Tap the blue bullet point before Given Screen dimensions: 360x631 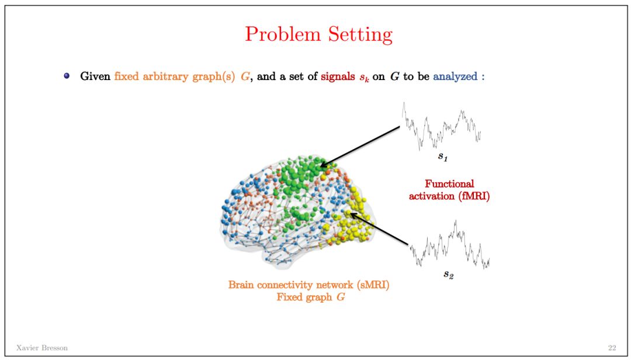(x=67, y=76)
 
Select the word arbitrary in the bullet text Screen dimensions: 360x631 (x=170, y=76)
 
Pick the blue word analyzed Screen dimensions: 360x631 (x=456, y=76)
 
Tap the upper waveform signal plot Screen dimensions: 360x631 (x=442, y=125)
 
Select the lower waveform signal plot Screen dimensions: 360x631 (x=449, y=245)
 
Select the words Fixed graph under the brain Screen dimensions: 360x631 (x=300, y=297)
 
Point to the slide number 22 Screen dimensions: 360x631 (x=612, y=348)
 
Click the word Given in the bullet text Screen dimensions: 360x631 (x=95, y=76)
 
